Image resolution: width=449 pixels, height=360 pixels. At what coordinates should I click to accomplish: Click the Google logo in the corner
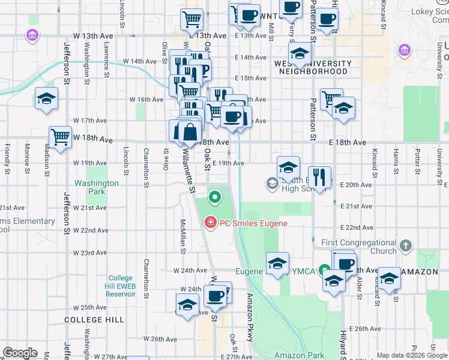[20, 353]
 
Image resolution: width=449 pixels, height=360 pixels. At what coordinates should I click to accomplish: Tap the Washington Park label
[97, 187]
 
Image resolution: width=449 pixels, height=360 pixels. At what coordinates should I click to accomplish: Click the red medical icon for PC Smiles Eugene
[210, 223]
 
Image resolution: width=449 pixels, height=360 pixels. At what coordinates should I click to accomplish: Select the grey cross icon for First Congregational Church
[406, 245]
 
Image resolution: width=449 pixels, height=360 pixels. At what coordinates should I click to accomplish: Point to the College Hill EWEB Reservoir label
[125, 286]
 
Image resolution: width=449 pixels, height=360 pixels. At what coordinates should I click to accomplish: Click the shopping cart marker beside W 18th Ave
[61, 137]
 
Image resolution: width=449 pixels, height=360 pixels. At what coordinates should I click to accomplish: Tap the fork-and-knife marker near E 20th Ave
[319, 177]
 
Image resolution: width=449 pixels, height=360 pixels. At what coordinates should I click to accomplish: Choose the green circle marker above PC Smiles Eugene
[214, 196]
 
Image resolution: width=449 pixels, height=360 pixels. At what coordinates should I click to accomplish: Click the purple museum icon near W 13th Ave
[31, 37]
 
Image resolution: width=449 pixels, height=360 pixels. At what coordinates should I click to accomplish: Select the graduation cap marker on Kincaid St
[389, 278]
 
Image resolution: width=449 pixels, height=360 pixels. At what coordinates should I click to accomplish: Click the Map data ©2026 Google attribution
[412, 355]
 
